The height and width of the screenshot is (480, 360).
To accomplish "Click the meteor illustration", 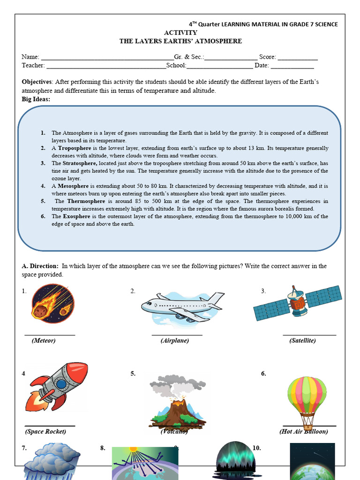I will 53,304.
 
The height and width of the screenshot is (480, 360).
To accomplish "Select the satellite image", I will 297,303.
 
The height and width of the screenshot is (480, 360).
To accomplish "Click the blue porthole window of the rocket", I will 61,384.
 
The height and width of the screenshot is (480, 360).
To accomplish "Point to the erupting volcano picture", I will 177,401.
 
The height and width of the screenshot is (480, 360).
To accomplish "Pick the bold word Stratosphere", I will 80,163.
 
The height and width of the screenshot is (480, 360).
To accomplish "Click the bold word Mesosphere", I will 73,186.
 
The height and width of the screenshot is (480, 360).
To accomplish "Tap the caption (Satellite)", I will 302,341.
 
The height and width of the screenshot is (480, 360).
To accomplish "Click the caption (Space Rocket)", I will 45,431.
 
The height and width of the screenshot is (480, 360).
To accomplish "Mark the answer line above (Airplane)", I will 177,334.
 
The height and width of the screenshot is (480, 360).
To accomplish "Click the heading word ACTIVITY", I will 180,33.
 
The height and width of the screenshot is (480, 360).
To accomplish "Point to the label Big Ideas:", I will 36,99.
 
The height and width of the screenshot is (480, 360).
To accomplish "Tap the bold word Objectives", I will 37,82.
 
